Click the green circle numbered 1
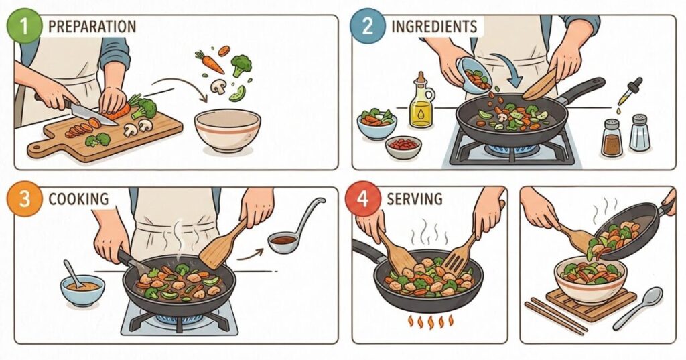point(24,25)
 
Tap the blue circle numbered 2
point(368,26)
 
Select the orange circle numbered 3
point(24,198)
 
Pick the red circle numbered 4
point(363,198)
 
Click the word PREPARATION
point(92,26)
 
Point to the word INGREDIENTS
point(434,26)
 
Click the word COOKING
point(78,199)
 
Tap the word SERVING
point(414,199)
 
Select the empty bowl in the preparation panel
point(228,130)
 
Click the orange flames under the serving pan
point(431,321)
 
